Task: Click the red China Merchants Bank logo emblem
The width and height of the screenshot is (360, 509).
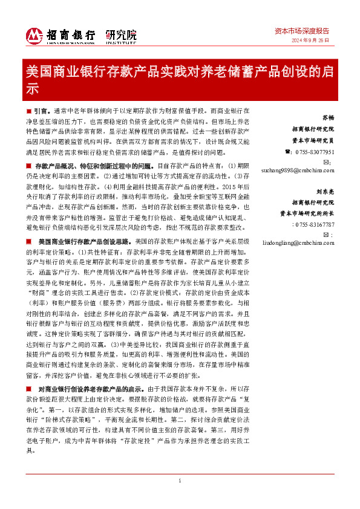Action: click(34, 35)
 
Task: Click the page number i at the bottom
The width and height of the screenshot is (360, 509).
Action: click(180, 481)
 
